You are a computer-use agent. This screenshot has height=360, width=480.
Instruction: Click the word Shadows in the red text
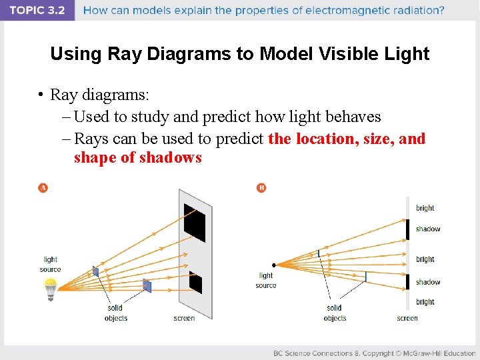click(169, 158)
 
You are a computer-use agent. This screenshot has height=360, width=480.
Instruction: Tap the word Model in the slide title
click(284, 54)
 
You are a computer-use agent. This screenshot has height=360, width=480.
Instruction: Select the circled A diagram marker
click(43, 188)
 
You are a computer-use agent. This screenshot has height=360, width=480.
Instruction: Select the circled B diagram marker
click(261, 188)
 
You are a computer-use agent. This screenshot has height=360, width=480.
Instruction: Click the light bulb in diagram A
click(50, 289)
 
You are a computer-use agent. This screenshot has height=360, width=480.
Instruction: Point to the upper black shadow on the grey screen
click(195, 221)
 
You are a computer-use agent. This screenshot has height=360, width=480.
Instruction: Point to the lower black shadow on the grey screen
click(195, 282)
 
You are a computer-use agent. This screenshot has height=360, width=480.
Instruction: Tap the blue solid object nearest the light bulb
click(96, 271)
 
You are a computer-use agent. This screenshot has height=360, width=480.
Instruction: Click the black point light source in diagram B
click(273, 265)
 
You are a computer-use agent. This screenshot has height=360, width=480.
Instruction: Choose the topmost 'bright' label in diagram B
click(425, 208)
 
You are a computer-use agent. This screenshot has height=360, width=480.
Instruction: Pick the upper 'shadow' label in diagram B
click(427, 229)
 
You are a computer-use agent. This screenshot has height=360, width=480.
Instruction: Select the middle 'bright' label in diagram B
click(425, 259)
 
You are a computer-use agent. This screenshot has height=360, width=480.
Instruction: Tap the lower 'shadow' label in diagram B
click(427, 282)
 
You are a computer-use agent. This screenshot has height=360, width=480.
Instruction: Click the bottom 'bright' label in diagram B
click(425, 302)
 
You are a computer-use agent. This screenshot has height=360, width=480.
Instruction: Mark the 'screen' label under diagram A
click(184, 318)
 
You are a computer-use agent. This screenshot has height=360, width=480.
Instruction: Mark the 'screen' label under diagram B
click(407, 318)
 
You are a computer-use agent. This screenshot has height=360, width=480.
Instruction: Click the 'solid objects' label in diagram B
click(334, 313)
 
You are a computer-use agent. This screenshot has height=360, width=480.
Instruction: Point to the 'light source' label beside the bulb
click(50, 265)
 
